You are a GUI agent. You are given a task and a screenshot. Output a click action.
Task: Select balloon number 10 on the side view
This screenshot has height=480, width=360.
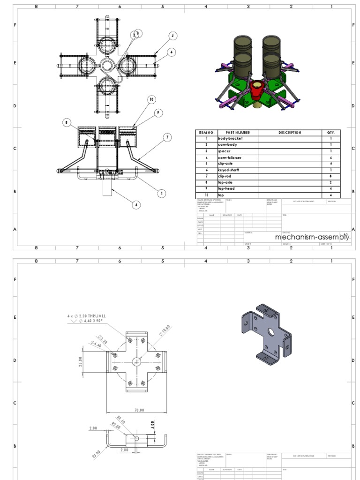pos(151,99)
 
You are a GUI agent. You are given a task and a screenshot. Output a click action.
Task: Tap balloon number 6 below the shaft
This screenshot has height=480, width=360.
pos(136,205)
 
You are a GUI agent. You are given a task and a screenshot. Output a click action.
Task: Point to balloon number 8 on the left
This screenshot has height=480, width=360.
pos(67,123)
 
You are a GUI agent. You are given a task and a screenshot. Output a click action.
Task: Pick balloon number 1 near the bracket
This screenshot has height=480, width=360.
pos(162,193)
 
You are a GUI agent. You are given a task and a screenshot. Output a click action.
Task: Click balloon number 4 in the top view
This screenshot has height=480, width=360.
pos(172,52)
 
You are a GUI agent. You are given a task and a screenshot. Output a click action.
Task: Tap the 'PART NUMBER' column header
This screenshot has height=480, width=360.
pos(237,133)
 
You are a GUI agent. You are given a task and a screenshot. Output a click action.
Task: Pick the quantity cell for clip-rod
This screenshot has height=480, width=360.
pos(331,176)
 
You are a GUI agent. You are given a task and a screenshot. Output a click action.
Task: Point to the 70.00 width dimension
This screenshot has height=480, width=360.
pos(139,410)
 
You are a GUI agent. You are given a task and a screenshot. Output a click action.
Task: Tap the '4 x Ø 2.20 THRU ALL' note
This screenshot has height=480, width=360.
pos(87,316)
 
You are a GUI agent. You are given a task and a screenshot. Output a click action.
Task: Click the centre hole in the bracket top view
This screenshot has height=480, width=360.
pos(136,361)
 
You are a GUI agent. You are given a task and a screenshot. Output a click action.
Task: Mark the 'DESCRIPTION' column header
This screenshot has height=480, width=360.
pos(289,133)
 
